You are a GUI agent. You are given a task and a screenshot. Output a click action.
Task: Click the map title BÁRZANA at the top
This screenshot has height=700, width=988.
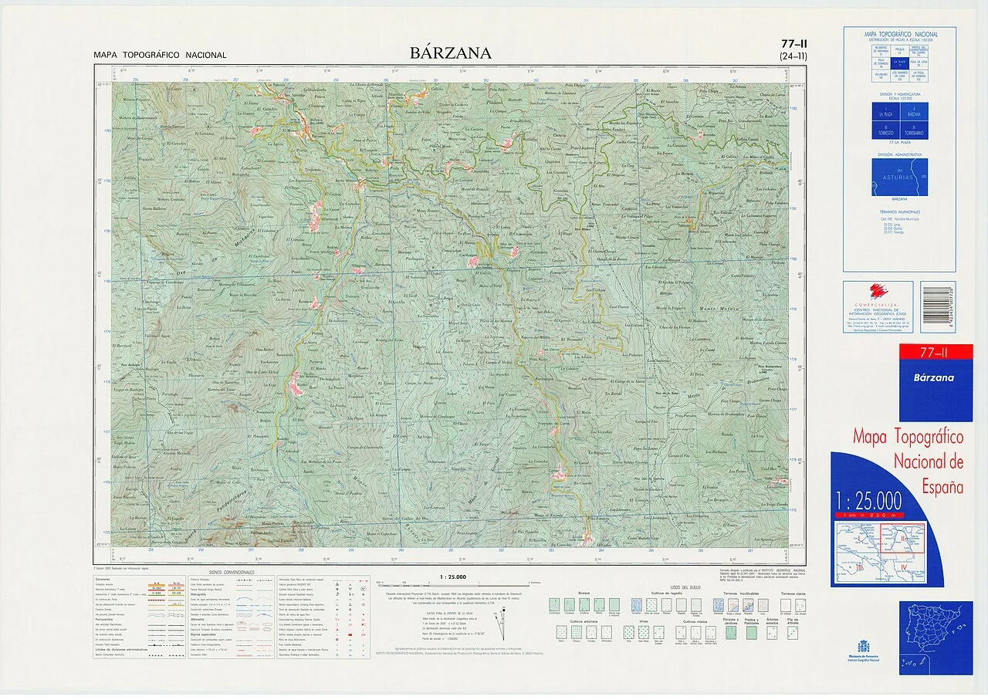click(x=451, y=53)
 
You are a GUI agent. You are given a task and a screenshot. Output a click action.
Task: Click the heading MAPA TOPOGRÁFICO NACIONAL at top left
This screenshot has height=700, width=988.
click(x=160, y=56)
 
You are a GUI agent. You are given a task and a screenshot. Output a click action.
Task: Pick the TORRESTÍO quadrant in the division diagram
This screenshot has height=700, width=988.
click(x=886, y=130)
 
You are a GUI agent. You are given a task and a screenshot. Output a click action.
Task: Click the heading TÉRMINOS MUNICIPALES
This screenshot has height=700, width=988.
click(x=899, y=211)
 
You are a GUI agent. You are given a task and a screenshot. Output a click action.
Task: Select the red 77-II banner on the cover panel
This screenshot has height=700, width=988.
click(x=936, y=353)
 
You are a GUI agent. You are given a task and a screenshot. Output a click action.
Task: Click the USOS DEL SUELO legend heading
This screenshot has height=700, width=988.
click(x=684, y=588)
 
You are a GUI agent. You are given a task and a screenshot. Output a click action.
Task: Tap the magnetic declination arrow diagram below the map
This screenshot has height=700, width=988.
click(x=505, y=617)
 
